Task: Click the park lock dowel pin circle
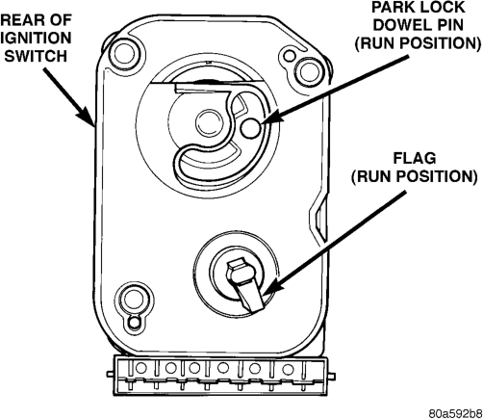pos(250,128)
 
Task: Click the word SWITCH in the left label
pos(36,56)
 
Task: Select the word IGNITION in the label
pos(36,38)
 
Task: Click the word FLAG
pos(415,158)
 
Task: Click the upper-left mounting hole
pos(124,52)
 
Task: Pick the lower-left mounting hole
pos(134,299)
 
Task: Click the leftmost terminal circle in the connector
pos(140,368)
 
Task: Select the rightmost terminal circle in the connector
pos(288,369)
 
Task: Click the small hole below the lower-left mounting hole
pos(134,321)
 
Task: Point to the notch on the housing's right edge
pos(318,216)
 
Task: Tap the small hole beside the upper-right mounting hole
pos(290,55)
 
